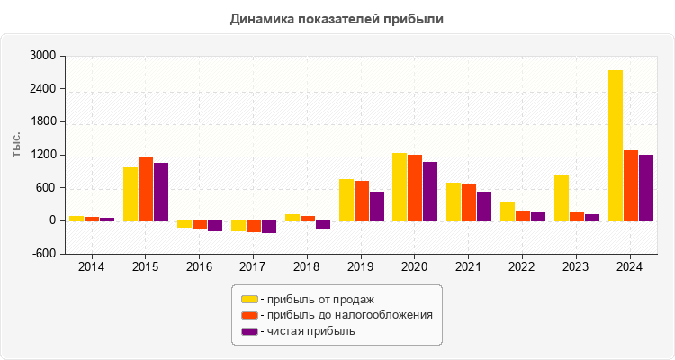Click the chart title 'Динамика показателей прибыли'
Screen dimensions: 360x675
[x=337, y=18]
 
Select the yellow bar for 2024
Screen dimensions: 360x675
[x=616, y=145]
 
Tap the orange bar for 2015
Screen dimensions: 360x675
[x=146, y=188]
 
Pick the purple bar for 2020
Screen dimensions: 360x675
[x=430, y=191]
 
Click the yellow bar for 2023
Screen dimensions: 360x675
[x=562, y=198]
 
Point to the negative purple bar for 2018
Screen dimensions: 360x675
[x=323, y=225]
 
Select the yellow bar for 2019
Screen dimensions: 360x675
[x=346, y=200]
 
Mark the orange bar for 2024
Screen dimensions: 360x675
[x=631, y=185]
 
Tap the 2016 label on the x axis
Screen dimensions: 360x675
[x=199, y=266]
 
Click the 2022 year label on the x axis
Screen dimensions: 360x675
[x=522, y=266]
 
